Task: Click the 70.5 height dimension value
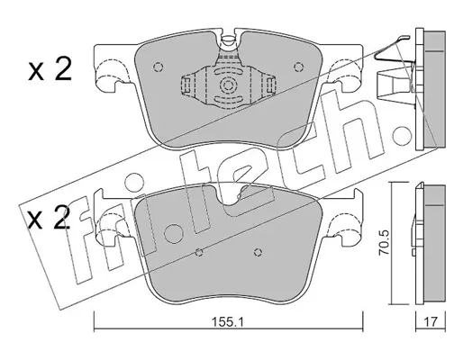[384, 243]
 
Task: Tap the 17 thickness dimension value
[431, 322]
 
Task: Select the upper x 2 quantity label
[50, 69]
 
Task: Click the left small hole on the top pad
[158, 67]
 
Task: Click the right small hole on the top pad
[298, 67]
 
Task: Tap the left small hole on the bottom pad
[199, 252]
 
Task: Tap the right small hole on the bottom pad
[258, 252]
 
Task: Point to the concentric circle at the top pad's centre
[228, 85]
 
